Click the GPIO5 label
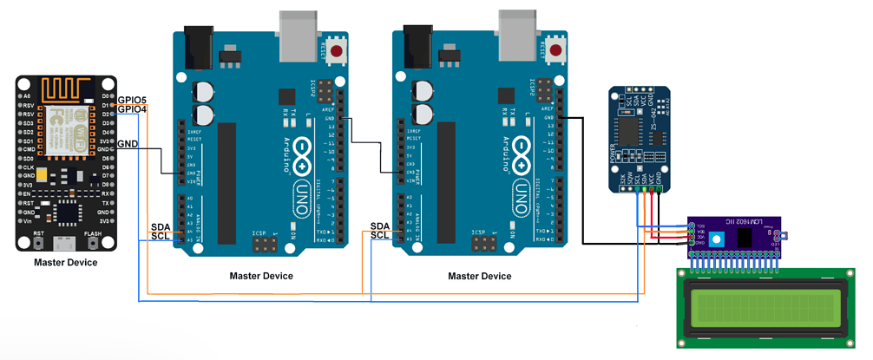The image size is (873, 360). [x=132, y=99]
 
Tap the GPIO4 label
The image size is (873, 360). [x=132, y=109]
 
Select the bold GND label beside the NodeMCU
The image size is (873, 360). [x=128, y=143]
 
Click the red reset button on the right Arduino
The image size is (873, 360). [x=555, y=51]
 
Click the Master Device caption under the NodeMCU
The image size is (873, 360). [x=66, y=262]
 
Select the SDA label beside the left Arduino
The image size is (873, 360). [x=161, y=226]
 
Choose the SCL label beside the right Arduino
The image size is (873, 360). [x=380, y=236]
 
